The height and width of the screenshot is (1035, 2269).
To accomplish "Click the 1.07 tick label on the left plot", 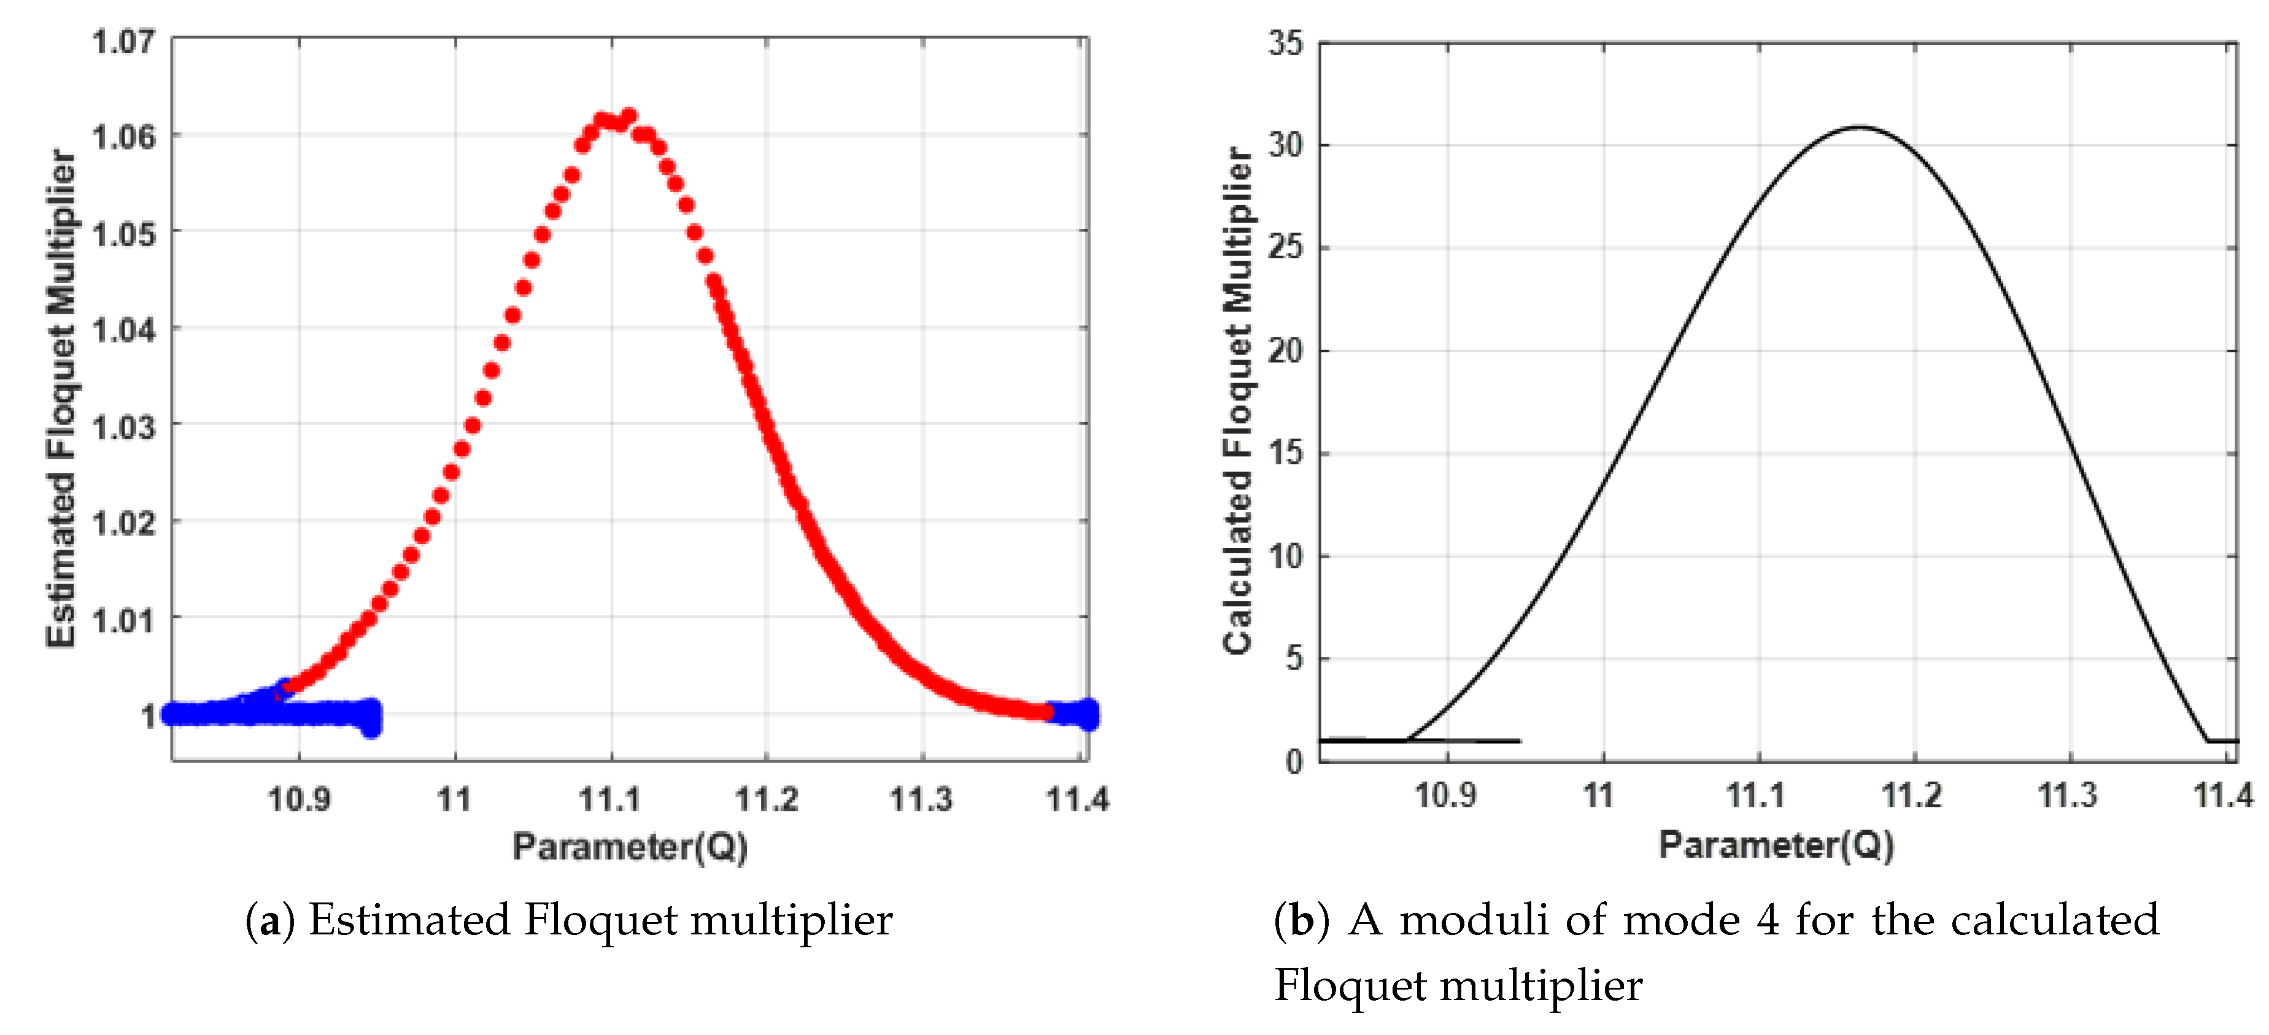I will [123, 40].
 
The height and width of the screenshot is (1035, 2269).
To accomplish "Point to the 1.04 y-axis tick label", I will [123, 330].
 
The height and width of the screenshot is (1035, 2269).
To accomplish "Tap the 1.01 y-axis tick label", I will [123, 620].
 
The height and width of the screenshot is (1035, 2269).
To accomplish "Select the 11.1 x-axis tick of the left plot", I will [609, 799].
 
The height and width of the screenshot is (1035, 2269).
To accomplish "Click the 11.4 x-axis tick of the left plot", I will [1077, 799].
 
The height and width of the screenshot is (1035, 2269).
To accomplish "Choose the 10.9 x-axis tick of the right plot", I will [1445, 795].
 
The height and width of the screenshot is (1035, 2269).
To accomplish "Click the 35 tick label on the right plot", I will [1285, 42].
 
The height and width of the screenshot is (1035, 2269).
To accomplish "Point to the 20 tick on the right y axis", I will [1285, 350].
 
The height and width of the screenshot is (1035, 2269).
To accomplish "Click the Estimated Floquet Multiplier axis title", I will [61, 398].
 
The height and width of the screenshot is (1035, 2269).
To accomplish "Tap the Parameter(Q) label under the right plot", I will [1777, 845].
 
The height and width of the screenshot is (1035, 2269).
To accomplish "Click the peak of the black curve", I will [1858, 128].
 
